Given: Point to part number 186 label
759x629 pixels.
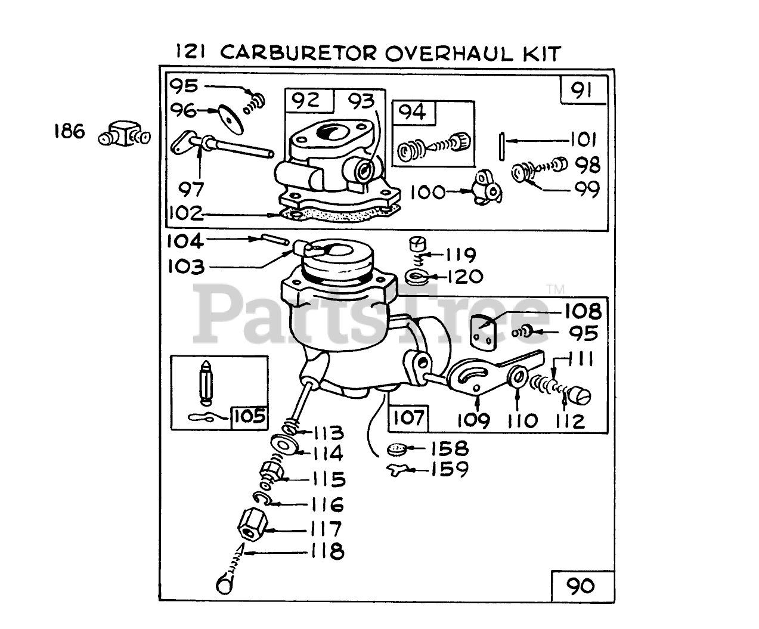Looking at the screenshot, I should [x=69, y=131].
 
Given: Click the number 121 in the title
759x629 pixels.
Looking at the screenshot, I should [x=191, y=52].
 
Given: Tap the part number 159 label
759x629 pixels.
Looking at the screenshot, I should [x=450, y=469].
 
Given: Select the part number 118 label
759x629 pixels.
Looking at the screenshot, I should [x=326, y=551].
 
